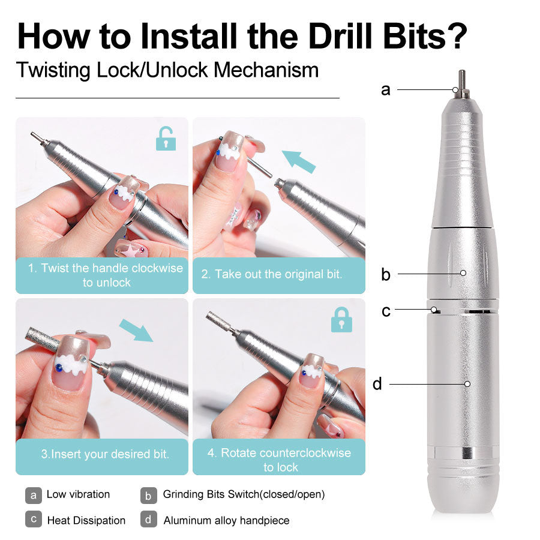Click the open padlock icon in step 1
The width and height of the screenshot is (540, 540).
pyautogui.click(x=166, y=139)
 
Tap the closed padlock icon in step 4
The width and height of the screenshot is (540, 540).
pyautogui.click(x=341, y=319)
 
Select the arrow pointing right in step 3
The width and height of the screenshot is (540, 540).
pyautogui.click(x=136, y=330)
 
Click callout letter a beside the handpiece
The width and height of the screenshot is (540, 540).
pyautogui.click(x=385, y=90)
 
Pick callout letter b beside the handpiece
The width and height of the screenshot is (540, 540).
pyautogui.click(x=385, y=275)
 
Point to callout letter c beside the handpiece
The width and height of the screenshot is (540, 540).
pyautogui.click(x=386, y=311)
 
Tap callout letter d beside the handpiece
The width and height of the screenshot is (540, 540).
pyautogui.click(x=377, y=384)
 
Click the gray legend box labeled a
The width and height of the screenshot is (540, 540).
pyautogui.click(x=34, y=495)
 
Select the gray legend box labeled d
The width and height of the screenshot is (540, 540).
pyautogui.click(x=149, y=520)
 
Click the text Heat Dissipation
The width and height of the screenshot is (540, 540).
pyautogui.click(x=86, y=520)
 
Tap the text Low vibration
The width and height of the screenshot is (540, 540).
pyautogui.click(x=78, y=494)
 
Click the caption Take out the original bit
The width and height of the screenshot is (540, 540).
pyautogui.click(x=272, y=274)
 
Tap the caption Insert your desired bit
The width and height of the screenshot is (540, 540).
pyautogui.click(x=105, y=454)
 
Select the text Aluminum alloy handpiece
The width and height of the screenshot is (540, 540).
pyautogui.click(x=226, y=520)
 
